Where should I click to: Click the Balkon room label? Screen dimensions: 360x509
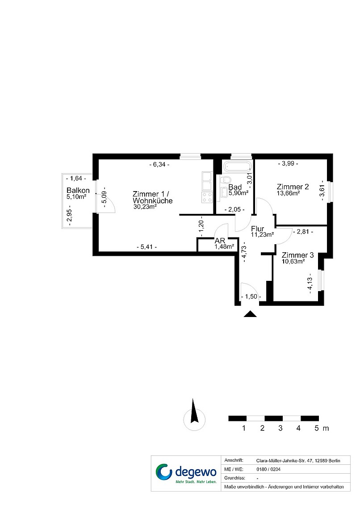point(78,190)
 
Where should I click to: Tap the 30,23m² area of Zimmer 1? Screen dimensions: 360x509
point(145,206)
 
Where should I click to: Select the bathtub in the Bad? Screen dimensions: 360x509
point(238,167)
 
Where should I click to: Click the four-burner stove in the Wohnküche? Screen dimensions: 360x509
point(207,197)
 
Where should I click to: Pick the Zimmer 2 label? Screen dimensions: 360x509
point(293,187)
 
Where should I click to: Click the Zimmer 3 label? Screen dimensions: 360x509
point(297,255)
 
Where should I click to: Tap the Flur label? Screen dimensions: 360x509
point(257,229)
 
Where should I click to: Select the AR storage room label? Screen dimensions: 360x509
point(220,241)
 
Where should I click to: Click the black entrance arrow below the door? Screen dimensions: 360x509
point(250,314)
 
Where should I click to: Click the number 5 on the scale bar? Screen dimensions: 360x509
point(317,428)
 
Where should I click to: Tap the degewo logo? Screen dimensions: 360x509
point(186,473)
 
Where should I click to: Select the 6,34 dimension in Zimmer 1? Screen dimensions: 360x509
point(159,165)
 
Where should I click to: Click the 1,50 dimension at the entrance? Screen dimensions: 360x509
point(251,296)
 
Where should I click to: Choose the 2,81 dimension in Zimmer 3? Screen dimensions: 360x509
point(303,232)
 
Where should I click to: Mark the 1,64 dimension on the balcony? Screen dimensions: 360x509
point(76,178)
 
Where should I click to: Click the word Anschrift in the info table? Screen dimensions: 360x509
point(234,460)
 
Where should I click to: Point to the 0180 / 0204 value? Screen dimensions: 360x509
point(268,469)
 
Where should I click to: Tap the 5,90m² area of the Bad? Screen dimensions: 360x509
point(239,193)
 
